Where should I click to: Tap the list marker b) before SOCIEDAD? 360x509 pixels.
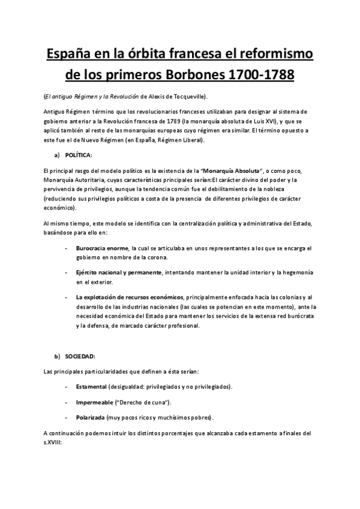[x=57, y=357]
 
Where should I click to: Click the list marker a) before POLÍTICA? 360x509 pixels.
[x=57, y=155]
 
